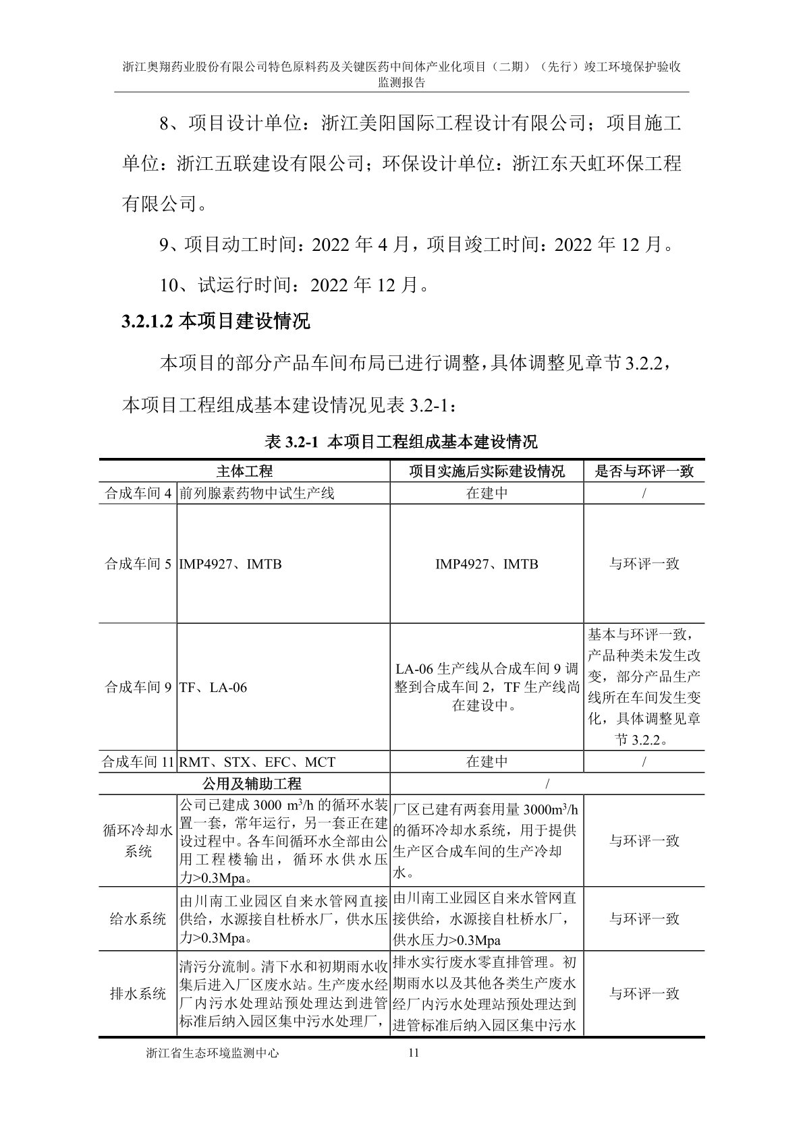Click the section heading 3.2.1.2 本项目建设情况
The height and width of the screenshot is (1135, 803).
215,322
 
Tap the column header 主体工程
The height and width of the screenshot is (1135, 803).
244,471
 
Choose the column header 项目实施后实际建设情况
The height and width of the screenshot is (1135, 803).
487,471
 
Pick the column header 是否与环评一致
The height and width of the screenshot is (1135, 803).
644,471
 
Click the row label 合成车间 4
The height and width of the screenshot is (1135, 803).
138,493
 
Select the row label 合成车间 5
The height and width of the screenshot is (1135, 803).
138,563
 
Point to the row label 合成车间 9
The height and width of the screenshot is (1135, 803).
138,687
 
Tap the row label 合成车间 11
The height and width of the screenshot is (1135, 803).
138,762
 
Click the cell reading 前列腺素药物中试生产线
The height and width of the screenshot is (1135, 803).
256,493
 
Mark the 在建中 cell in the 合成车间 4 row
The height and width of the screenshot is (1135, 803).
487,493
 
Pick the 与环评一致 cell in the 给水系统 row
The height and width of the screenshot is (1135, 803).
644,919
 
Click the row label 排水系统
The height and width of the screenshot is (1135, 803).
138,993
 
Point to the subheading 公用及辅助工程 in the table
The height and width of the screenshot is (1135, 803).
252,784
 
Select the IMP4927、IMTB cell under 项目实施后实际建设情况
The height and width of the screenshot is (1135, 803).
487,563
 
